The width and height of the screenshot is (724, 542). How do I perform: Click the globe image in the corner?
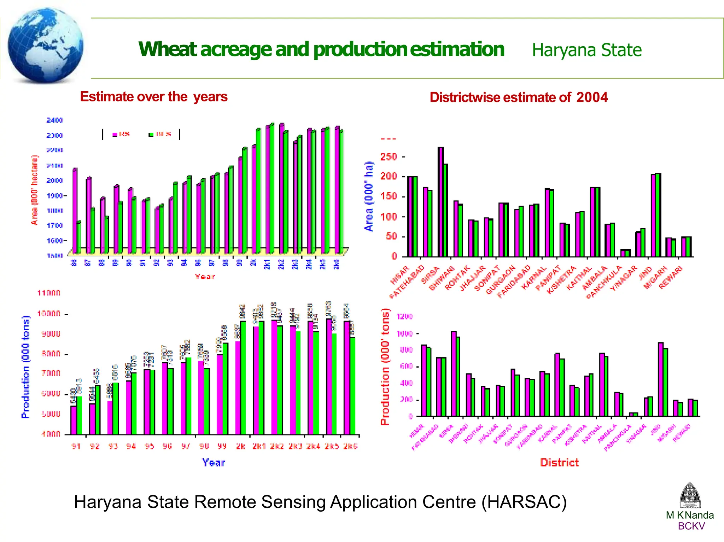45,45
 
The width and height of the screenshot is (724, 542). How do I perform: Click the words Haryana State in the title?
586,50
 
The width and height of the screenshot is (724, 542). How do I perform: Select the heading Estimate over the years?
154,97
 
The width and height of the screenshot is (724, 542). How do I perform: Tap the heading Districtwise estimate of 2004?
518,97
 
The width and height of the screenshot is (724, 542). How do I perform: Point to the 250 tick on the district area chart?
389,157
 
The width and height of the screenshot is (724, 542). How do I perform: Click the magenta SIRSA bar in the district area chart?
440,201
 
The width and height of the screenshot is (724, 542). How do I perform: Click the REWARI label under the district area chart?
671,277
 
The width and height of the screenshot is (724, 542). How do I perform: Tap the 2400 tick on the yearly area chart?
54,120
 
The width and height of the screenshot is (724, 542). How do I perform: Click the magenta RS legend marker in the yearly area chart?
115,135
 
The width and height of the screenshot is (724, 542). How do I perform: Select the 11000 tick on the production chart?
49,293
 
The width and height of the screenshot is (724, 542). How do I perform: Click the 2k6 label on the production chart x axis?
350,446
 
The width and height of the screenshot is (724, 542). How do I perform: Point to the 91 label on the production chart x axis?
76,446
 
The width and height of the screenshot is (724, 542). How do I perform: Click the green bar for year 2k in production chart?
243,377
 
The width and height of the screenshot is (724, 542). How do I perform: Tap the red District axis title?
559,463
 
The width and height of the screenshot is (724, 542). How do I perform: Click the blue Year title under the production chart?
213,463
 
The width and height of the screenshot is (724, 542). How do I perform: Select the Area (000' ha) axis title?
369,196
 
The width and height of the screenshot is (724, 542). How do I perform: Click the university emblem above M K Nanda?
690,495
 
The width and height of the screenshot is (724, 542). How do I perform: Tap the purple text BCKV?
691,526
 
